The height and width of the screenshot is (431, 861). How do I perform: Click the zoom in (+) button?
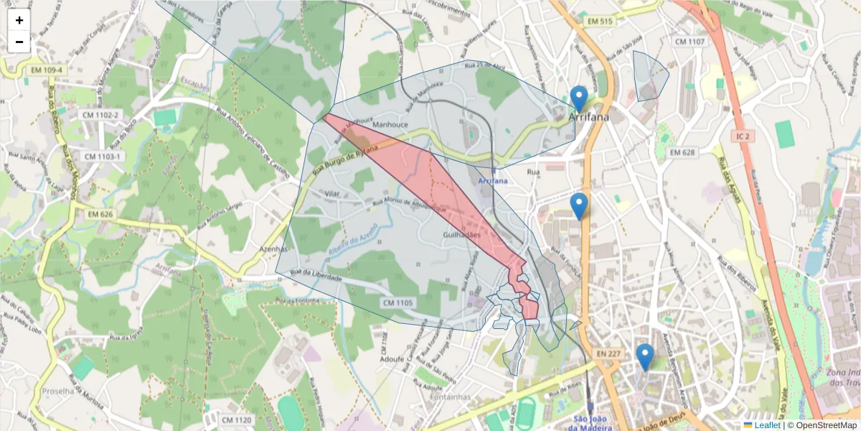[x=19, y=20]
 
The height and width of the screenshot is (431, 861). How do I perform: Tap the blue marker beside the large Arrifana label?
[x=578, y=98]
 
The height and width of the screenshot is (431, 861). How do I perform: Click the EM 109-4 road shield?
[x=48, y=70]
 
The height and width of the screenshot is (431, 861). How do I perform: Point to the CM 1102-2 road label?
[x=100, y=115]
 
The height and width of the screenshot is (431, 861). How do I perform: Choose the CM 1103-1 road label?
[x=103, y=157]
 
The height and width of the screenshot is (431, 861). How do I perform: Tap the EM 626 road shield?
[x=101, y=214]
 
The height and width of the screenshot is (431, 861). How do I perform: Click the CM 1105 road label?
[x=397, y=303]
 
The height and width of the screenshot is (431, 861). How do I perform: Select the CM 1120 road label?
[x=237, y=420]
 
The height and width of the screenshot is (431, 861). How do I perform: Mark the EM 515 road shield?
[x=599, y=22]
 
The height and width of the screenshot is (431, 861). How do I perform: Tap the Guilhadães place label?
[x=461, y=235]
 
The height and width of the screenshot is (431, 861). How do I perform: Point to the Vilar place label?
[x=331, y=194]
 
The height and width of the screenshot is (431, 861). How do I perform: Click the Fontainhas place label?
[x=450, y=397]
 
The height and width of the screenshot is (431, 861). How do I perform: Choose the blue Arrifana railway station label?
[x=492, y=180]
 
